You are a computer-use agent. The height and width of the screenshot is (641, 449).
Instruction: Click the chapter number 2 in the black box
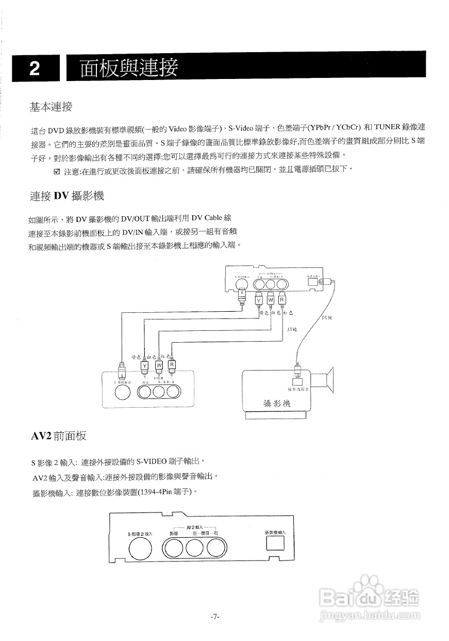(35, 69)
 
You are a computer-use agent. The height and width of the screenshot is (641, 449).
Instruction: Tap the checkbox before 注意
(57, 171)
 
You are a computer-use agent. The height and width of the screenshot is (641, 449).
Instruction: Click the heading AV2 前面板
(59, 436)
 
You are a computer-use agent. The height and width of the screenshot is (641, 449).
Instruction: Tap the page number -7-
(215, 616)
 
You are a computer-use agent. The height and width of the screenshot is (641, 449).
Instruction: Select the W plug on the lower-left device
(159, 365)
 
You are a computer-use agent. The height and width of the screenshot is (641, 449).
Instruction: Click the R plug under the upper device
(282, 299)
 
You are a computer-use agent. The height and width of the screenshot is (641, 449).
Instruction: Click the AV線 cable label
(291, 329)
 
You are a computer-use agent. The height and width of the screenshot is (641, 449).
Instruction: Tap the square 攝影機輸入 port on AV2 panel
(271, 544)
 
